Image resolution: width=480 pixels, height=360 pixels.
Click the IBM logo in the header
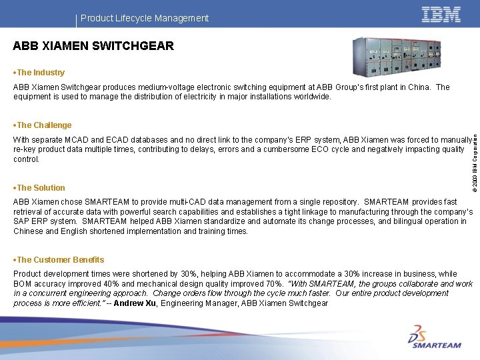coord(441,15)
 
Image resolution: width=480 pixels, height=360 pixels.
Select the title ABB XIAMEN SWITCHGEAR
coord(93,46)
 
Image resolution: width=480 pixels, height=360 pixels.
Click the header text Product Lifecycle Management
coord(145,18)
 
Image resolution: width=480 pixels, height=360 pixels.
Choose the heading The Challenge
coord(43,125)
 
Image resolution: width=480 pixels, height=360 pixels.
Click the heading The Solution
coord(40,188)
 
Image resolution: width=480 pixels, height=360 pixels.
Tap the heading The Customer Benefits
coord(59,260)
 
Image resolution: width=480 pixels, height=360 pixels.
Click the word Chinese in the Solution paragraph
coord(28,231)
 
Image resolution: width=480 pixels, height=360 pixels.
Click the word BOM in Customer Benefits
coord(23,284)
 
